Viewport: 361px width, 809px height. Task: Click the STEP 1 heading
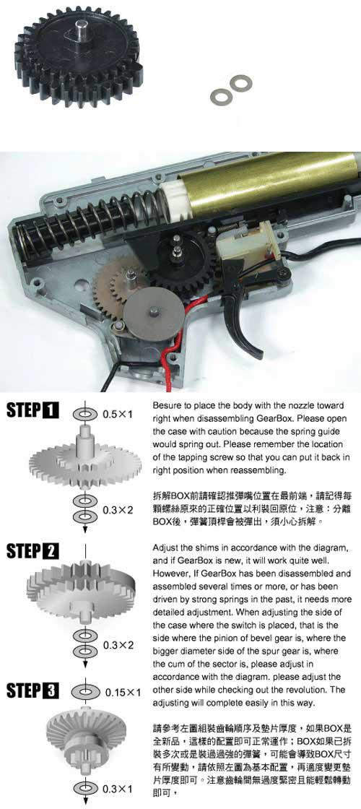point(32,411)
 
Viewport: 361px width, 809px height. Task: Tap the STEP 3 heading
point(32,691)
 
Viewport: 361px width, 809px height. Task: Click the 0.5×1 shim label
point(118,414)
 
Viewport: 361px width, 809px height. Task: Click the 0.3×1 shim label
point(118,789)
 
